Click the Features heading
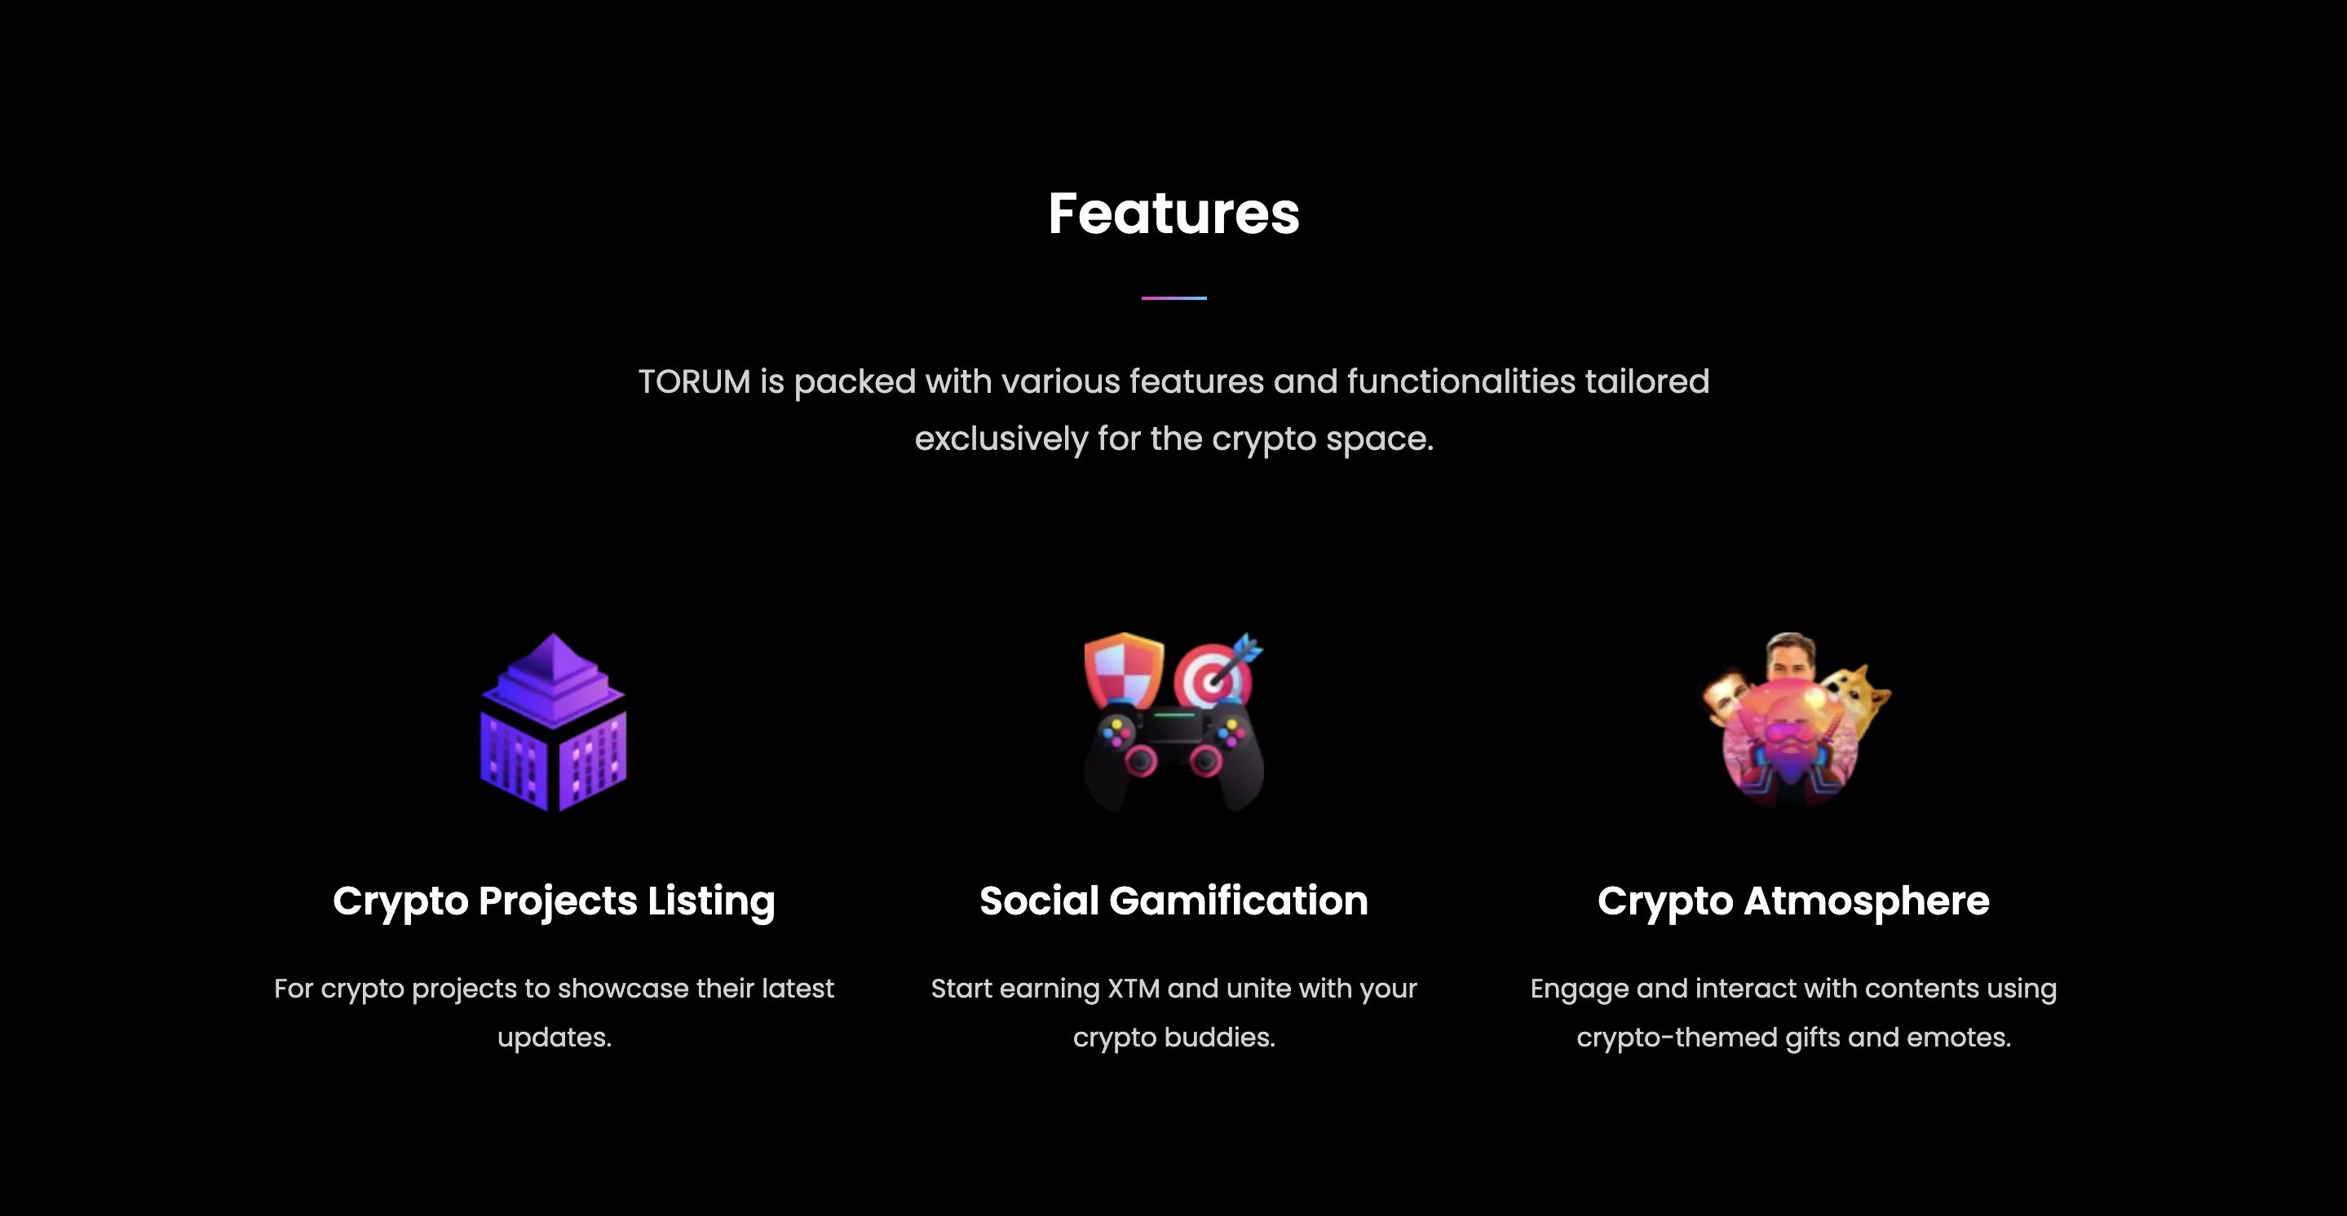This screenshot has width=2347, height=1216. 1173,214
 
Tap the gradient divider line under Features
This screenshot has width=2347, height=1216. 1173,297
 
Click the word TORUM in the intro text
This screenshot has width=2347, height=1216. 693,381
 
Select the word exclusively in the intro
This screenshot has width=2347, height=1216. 1001,439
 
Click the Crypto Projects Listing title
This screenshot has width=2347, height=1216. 553,901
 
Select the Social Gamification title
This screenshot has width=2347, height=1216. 1173,901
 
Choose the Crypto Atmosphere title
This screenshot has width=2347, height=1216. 1793,901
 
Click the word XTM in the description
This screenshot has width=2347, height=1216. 1134,989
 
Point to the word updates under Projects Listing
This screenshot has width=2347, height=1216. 553,1038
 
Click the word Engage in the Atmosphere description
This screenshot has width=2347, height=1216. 1579,989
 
